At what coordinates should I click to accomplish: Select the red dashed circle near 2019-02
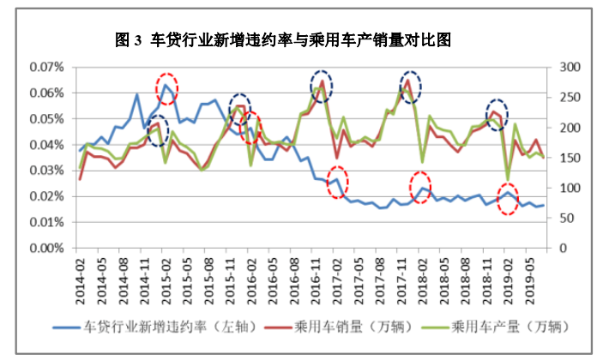[x=508, y=199]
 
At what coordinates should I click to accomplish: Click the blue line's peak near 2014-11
[x=137, y=94]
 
